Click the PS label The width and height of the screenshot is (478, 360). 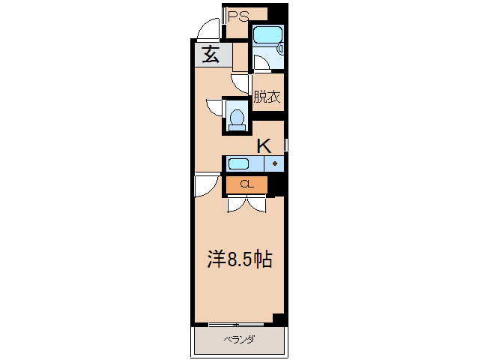click(x=238, y=16)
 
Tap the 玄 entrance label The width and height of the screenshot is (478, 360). click(x=211, y=54)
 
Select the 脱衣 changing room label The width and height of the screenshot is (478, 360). click(x=267, y=97)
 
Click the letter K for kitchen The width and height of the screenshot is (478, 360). click(x=264, y=146)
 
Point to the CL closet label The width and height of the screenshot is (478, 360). click(x=246, y=184)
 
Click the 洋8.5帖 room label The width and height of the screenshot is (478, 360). click(x=240, y=259)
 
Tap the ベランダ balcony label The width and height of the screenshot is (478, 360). click(x=239, y=339)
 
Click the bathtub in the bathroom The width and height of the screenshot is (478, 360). click(x=267, y=34)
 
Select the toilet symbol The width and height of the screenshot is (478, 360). click(x=237, y=119)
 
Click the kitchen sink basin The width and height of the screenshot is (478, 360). click(x=239, y=163)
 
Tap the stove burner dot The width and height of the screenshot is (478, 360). click(x=275, y=163)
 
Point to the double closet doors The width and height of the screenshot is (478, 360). click(x=246, y=205)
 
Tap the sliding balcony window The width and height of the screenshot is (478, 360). click(x=236, y=324)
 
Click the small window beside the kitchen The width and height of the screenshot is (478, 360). click(x=286, y=145)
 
